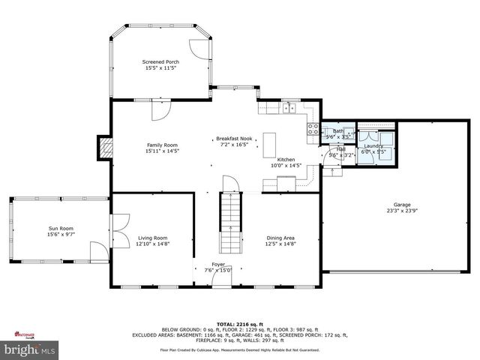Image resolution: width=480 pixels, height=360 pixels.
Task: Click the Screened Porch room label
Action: coord(161,61)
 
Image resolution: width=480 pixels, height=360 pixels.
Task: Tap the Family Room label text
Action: coord(161,145)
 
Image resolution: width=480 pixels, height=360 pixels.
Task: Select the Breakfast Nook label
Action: coord(234,139)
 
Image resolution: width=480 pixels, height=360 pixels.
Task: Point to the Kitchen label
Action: coord(286,160)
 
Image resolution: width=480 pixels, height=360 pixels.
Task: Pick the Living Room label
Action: coord(154,238)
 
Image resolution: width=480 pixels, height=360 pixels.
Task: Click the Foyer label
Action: coord(217,265)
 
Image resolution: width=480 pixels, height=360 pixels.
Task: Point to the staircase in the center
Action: coord(230,221)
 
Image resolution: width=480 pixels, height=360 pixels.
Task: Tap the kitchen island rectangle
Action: coord(269,144)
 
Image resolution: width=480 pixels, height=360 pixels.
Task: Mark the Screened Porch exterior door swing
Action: coord(197,46)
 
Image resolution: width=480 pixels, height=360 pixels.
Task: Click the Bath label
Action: coord(338,131)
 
